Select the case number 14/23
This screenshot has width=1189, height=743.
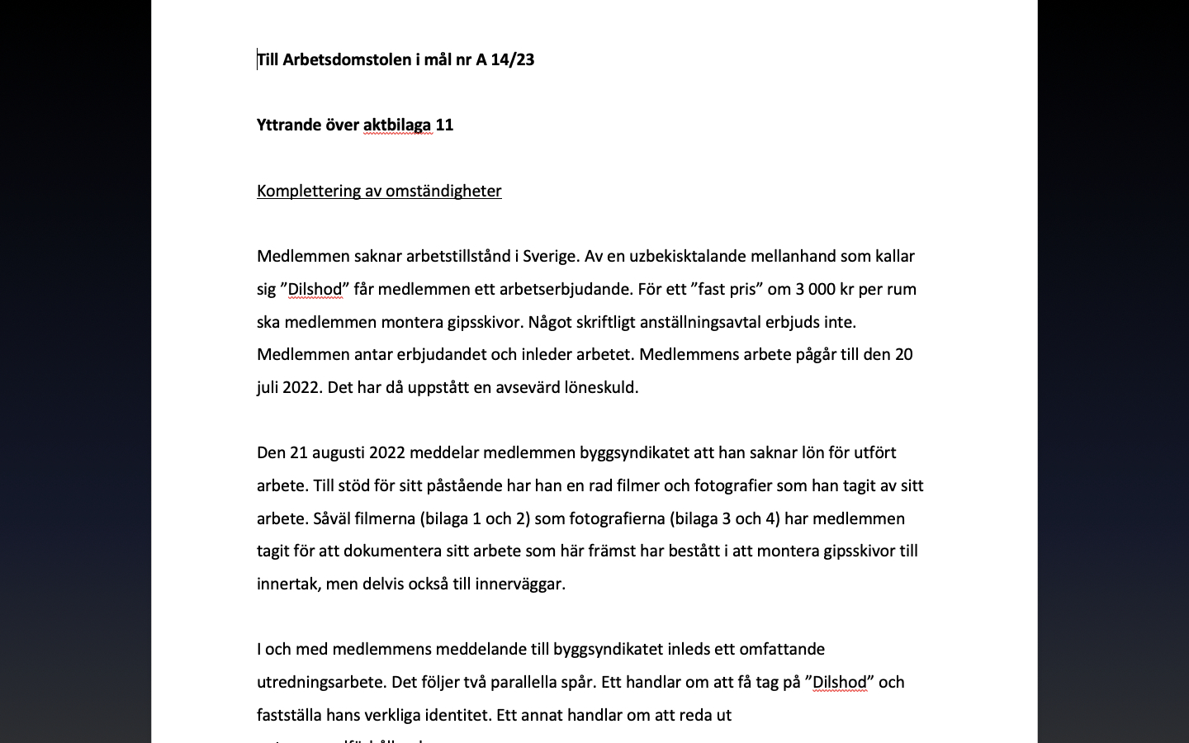click(x=512, y=59)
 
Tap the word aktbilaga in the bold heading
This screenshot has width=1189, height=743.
click(x=397, y=125)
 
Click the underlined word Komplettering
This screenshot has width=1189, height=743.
click(x=309, y=192)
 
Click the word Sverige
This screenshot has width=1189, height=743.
click(x=551, y=257)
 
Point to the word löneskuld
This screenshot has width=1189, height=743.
click(x=600, y=388)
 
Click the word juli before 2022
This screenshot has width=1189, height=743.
click(x=268, y=388)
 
